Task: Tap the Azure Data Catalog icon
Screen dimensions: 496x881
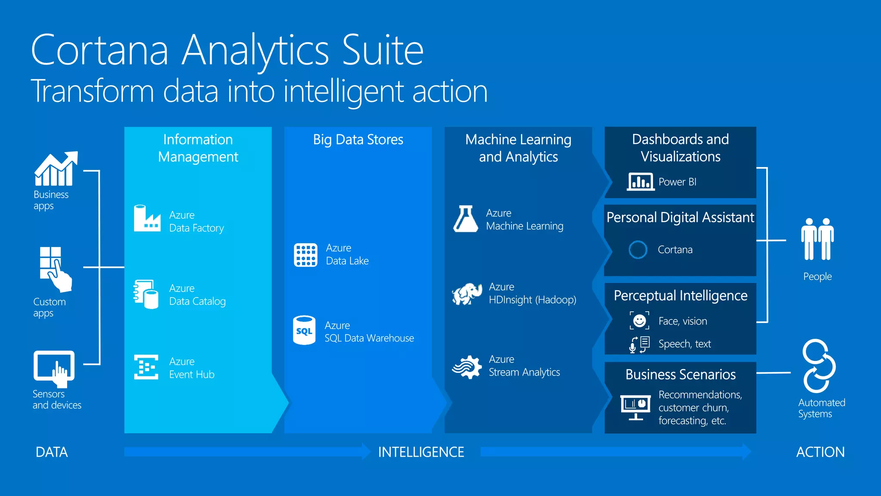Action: pos(146,294)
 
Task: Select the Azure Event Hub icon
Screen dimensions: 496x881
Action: pos(146,367)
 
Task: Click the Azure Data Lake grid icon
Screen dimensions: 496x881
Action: pos(305,255)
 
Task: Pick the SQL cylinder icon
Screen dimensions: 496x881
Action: pos(304,331)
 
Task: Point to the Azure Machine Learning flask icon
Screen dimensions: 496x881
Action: pos(465,219)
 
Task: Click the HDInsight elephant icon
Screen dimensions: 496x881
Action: pos(467,294)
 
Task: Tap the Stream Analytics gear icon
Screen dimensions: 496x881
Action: pos(467,367)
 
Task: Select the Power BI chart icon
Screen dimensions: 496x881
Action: pos(641,181)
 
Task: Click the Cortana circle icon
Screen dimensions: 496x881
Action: pos(638,250)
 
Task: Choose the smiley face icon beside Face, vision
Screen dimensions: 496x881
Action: pos(640,321)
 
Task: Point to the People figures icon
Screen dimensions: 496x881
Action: pos(817,239)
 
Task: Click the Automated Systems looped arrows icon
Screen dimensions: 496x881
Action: pos(819,366)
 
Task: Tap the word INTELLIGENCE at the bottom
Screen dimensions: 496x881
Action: pos(421,452)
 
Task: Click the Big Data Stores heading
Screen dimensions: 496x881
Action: pos(358,139)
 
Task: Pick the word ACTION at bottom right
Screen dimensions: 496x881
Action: pos(820,452)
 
